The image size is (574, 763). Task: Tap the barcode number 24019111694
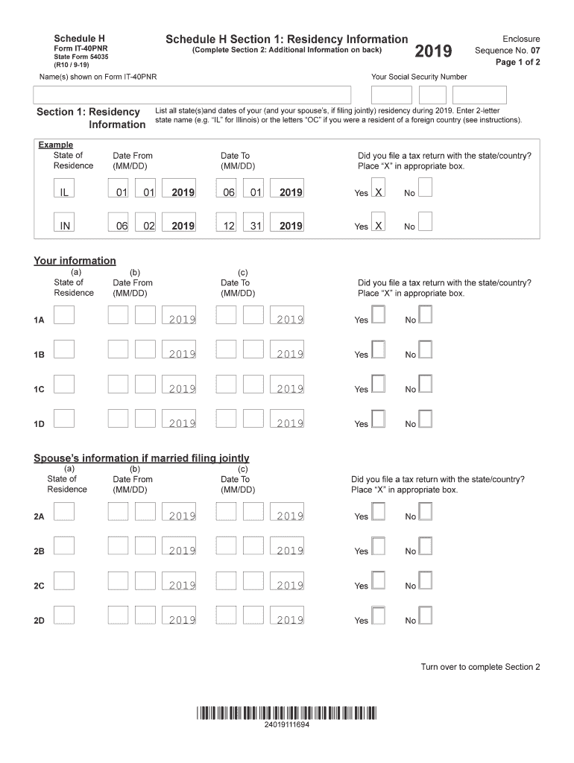pyautogui.click(x=287, y=724)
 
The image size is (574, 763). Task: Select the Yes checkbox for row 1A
pyautogui.click(x=378, y=316)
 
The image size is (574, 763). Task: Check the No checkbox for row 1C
pyautogui.click(x=425, y=384)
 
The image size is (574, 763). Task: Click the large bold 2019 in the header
pyautogui.click(x=433, y=51)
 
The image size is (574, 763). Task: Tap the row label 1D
pyautogui.click(x=39, y=424)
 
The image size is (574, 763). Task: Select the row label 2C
pyautogui.click(x=39, y=586)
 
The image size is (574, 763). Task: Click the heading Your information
pyautogui.click(x=75, y=261)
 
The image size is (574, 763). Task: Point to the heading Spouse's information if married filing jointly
pyautogui.click(x=142, y=458)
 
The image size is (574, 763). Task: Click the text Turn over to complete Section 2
pyautogui.click(x=480, y=667)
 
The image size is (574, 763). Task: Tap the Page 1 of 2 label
pyautogui.click(x=517, y=63)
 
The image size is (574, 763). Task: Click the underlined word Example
pyautogui.click(x=56, y=145)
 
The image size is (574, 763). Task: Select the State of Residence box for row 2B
pyautogui.click(x=64, y=547)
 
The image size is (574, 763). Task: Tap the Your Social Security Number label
pyautogui.click(x=419, y=77)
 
